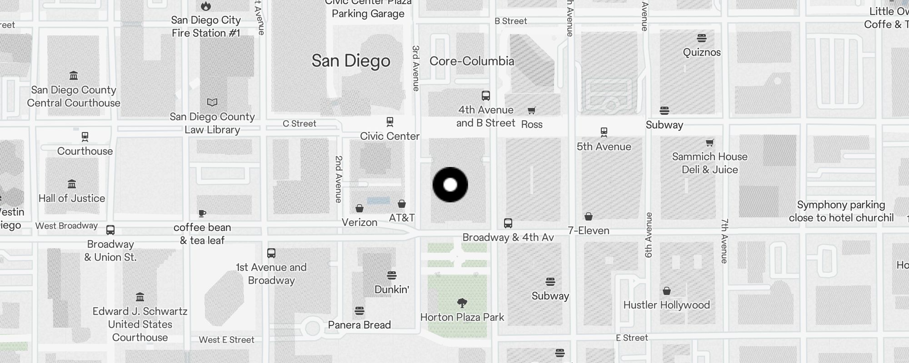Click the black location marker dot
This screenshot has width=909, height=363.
click(x=450, y=185)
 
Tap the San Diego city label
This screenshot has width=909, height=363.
click(x=351, y=61)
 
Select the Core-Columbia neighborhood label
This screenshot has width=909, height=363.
click(x=472, y=61)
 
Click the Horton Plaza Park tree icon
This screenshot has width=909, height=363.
click(x=462, y=303)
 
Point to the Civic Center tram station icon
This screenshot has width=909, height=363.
click(x=390, y=122)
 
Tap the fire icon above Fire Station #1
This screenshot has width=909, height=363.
click(x=206, y=6)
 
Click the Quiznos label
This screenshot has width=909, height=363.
click(x=702, y=52)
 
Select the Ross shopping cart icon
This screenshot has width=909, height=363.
click(x=531, y=110)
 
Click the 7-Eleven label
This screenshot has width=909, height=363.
click(x=589, y=231)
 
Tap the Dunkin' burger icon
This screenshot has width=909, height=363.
click(x=392, y=275)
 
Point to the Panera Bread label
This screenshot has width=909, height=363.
click(x=360, y=325)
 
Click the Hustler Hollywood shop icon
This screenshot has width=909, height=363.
click(x=667, y=291)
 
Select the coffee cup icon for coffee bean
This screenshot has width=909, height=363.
click(x=202, y=213)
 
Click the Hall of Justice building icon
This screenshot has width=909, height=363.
click(x=72, y=184)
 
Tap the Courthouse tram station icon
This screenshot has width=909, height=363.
click(x=85, y=136)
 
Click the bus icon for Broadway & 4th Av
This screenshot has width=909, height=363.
click(x=508, y=223)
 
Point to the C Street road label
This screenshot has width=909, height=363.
click(x=300, y=123)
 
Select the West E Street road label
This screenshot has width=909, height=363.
click(x=226, y=340)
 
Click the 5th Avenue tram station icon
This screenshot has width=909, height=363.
click(x=604, y=132)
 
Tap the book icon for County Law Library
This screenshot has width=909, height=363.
click(x=212, y=103)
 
